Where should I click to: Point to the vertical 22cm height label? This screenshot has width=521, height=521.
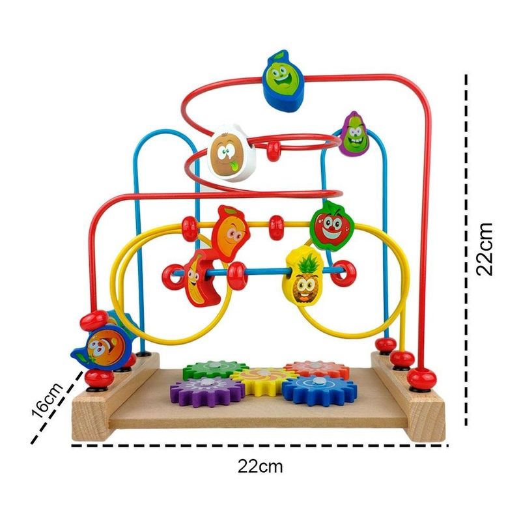[485, 249]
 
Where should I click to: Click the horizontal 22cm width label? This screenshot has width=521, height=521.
[260, 466]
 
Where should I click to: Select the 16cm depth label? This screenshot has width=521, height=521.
[46, 400]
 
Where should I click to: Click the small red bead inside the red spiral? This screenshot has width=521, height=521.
[274, 151]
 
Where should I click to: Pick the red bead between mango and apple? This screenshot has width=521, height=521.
[276, 227]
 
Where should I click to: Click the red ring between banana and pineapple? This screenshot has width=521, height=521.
[238, 275]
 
